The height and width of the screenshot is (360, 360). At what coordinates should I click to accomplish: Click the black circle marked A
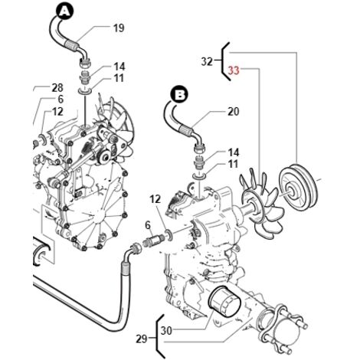pos(66,11)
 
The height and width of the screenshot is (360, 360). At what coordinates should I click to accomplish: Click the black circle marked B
pos(180,95)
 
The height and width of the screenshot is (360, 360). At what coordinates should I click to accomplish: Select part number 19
pos(119,28)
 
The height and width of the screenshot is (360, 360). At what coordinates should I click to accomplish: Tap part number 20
pos(233,112)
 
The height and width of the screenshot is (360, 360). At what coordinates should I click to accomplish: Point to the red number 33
pos(234,70)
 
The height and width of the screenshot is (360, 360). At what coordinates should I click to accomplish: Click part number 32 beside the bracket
pos(207,61)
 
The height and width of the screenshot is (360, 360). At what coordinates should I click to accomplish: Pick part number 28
pos(57,87)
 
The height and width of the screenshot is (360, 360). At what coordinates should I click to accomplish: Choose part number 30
pos(166,331)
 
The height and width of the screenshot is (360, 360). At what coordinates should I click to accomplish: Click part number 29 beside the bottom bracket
pos(142,339)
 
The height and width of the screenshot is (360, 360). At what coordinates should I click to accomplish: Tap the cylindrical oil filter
pos(224,301)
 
